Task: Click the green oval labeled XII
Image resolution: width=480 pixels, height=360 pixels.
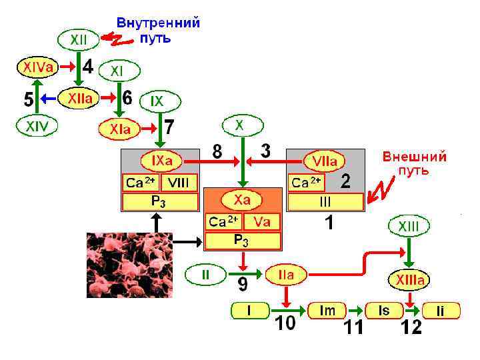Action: (x=79, y=39)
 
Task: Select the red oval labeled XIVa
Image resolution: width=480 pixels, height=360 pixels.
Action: (x=36, y=67)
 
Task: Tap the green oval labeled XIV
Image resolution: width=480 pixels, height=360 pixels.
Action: (x=37, y=125)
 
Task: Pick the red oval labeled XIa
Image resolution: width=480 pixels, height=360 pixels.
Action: (x=121, y=129)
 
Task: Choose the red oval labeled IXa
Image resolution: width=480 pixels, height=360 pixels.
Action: (x=161, y=161)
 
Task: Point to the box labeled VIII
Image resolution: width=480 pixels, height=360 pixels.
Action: (x=179, y=183)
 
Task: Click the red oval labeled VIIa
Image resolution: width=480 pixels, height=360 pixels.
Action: (x=325, y=161)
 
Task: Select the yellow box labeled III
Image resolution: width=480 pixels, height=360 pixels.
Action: (x=326, y=201)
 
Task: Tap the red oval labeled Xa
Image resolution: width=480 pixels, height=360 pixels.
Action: (x=242, y=199)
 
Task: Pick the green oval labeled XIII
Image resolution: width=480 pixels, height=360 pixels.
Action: (x=409, y=226)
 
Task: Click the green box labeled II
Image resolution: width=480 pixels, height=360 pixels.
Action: (x=205, y=274)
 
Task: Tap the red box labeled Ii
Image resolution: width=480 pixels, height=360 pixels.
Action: (x=440, y=311)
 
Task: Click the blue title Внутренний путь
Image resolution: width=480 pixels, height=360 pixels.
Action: (x=158, y=30)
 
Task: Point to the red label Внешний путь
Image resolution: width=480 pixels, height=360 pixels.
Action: (x=414, y=164)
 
